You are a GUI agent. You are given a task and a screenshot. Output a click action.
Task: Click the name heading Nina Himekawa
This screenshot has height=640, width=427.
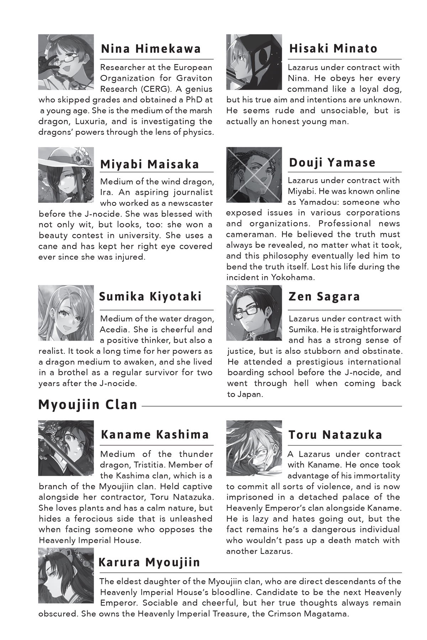click(x=151, y=48)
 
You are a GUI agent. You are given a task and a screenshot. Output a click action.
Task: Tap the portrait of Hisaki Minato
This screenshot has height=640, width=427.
click(x=254, y=62)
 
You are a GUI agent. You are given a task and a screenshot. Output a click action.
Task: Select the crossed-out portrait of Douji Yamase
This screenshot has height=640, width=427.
click(x=254, y=175)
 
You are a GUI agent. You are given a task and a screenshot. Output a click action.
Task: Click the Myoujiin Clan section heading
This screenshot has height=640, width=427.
click(x=88, y=405)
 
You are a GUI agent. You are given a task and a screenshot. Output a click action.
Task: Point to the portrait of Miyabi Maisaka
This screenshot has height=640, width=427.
click(x=66, y=175)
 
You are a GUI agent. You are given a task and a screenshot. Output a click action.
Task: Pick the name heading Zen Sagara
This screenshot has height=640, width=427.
click(x=324, y=297)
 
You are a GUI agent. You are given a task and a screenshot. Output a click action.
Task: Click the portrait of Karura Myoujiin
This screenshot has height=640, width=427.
click(x=66, y=575)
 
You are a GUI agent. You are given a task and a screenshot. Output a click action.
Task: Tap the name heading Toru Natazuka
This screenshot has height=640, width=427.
click(x=335, y=434)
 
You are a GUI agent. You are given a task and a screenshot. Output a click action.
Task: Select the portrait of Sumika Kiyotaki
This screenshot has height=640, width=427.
click(x=66, y=313)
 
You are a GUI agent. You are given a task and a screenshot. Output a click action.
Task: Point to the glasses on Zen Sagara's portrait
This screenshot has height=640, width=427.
click(x=252, y=313)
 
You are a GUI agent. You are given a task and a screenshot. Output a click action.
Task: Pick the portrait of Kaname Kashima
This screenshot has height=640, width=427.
click(x=66, y=448)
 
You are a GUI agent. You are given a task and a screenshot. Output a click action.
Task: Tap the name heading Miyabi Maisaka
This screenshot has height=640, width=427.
click(x=149, y=164)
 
